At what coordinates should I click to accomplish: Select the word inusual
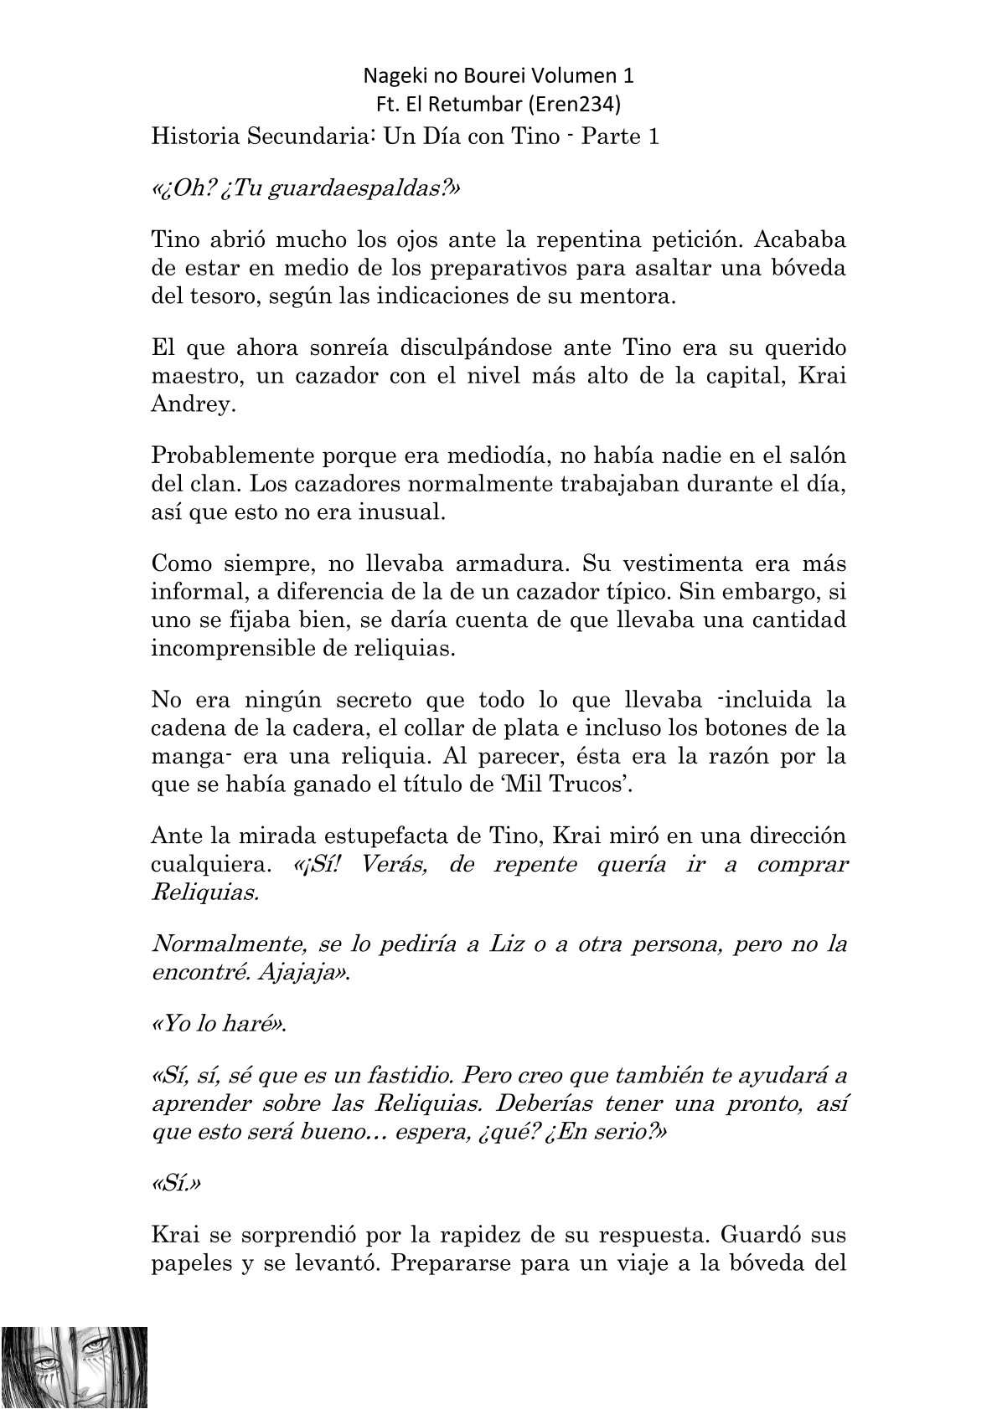coord(401,512)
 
